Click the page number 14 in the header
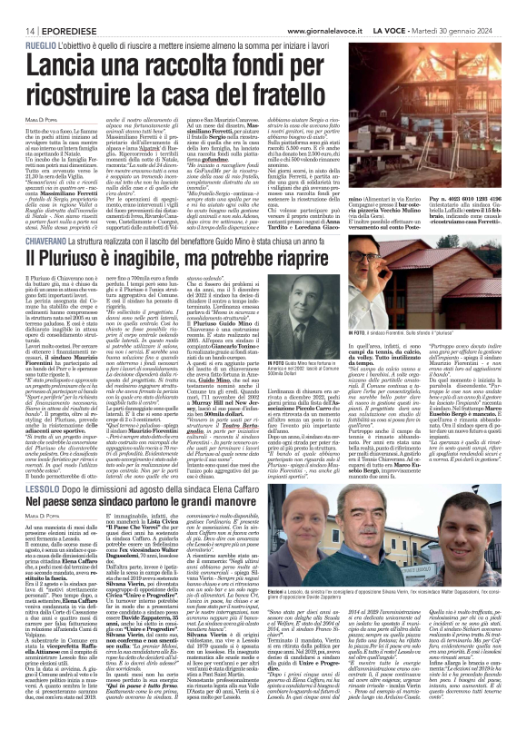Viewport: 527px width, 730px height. pyautogui.click(x=18, y=7)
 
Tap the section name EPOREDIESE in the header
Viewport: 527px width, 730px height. pyautogui.click(x=56, y=7)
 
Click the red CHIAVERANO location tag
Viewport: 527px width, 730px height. pyautogui.click(x=34, y=217)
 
